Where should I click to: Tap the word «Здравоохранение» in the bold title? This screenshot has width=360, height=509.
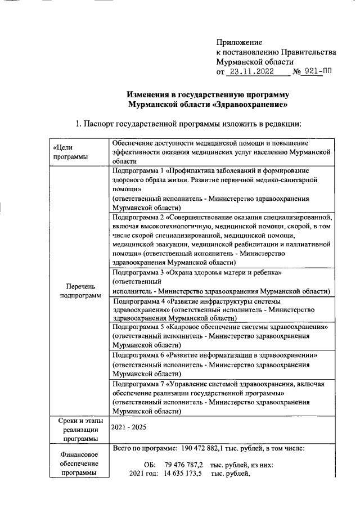click(x=258, y=105)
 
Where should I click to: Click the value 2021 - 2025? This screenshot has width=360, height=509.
click(x=129, y=427)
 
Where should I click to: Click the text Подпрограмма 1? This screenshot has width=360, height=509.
click(x=137, y=169)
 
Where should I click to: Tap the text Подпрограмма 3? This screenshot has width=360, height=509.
click(x=138, y=273)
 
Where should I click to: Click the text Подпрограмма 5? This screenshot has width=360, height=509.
click(x=138, y=327)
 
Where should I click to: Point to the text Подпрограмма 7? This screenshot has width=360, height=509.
click(x=138, y=384)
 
